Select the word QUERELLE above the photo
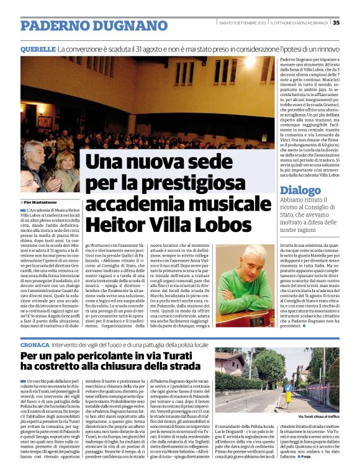point(38,48)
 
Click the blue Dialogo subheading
point(300,191)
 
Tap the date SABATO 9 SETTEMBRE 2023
point(242,24)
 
